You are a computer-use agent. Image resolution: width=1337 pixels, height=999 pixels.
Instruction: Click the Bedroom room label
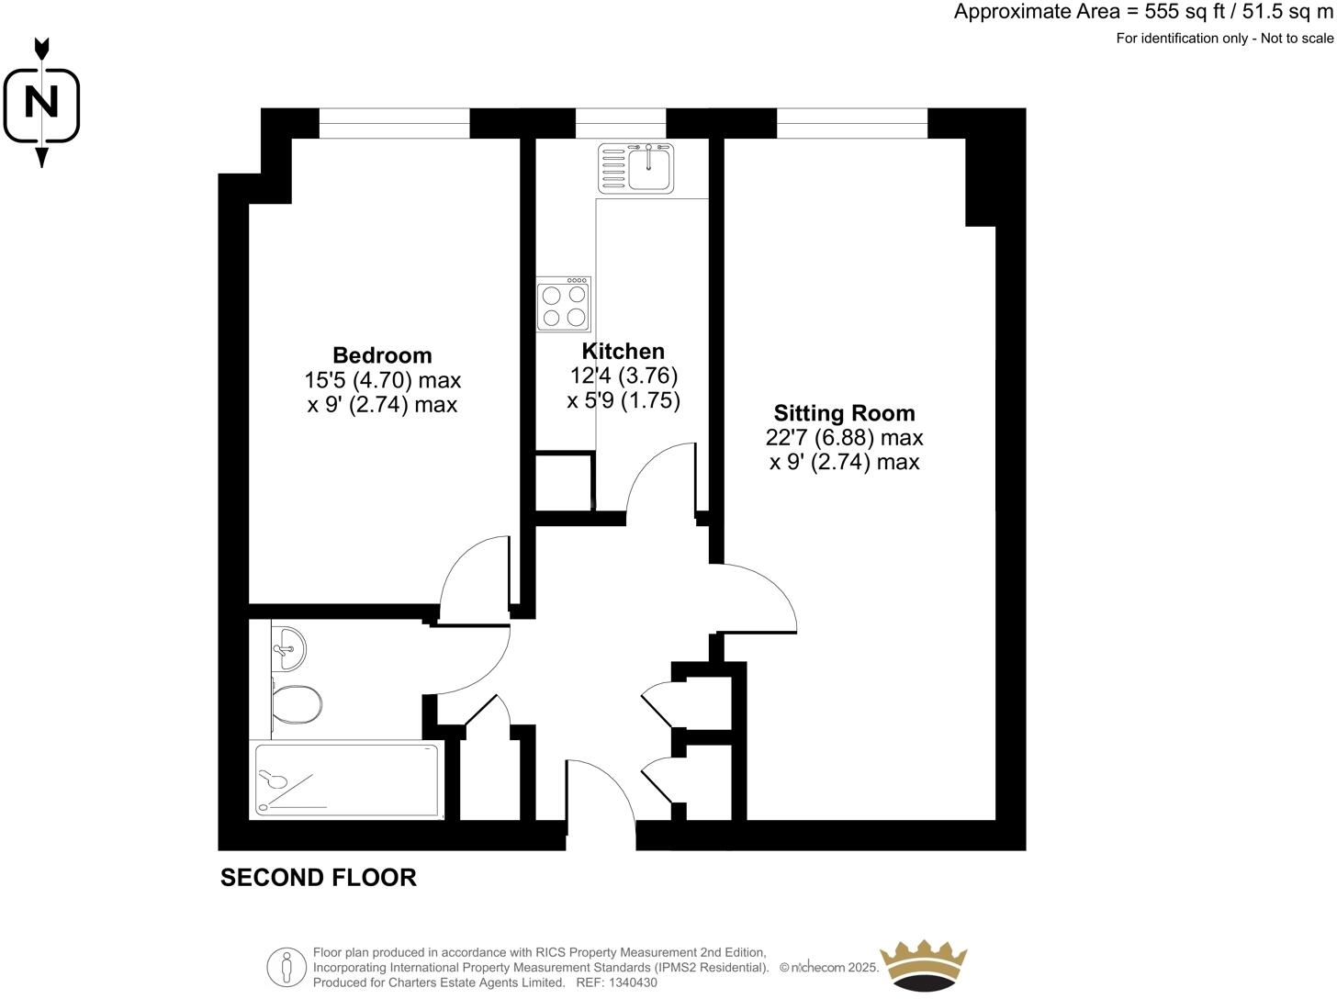(382, 355)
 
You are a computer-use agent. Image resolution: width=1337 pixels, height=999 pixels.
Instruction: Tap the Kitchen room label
(624, 352)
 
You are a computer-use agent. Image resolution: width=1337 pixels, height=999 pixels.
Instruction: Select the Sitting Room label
(844, 413)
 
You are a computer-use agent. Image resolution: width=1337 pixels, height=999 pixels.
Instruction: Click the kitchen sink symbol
(636, 167)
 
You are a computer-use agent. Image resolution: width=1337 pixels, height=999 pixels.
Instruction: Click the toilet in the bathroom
(296, 704)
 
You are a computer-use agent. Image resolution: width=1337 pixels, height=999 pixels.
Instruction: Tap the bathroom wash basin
(289, 649)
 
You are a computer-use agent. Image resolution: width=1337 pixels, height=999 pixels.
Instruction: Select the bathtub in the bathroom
(346, 780)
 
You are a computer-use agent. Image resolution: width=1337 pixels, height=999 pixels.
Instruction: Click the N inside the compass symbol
(41, 102)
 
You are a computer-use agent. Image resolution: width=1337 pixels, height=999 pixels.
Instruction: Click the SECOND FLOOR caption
(319, 878)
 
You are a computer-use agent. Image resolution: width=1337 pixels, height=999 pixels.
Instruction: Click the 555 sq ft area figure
(1184, 12)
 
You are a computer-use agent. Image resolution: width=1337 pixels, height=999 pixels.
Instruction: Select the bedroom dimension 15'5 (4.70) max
(382, 380)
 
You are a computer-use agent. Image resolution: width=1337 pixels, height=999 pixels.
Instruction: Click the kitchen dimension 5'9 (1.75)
(624, 401)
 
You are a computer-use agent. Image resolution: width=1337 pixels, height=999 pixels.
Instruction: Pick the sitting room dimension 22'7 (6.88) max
(844, 438)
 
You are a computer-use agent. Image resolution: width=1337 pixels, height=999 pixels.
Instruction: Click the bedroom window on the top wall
(394, 123)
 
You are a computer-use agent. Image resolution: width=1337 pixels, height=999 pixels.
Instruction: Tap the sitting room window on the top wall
(851, 123)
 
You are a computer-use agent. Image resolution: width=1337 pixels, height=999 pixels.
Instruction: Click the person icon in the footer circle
(286, 967)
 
